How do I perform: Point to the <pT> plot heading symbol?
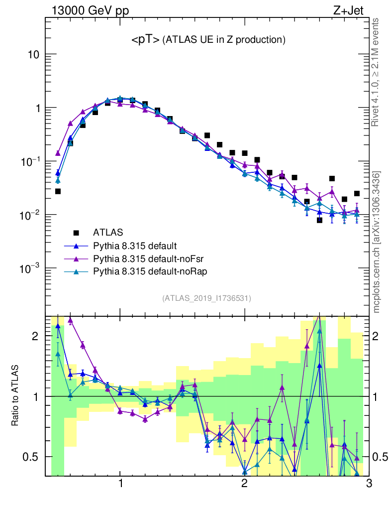click(x=145, y=39)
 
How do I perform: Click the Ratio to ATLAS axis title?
click(x=15, y=395)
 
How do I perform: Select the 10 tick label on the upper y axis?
click(x=33, y=54)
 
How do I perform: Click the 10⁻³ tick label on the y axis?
click(x=30, y=269)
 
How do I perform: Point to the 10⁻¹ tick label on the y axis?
click(x=30, y=162)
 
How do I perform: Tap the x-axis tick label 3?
click(x=368, y=485)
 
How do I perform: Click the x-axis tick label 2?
click(x=244, y=485)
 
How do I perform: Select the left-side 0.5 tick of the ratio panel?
click(x=32, y=457)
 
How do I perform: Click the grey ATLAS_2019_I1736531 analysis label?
click(x=206, y=298)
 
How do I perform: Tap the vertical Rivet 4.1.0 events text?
click(x=376, y=72)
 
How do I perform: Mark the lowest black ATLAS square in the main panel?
click(x=319, y=220)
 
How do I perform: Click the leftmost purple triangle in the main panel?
click(x=58, y=153)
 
